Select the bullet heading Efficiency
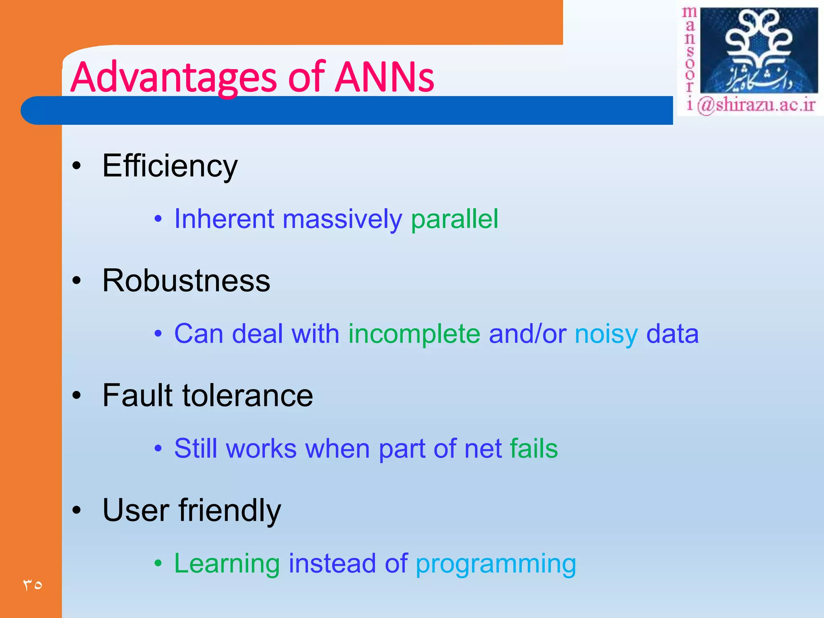(170, 166)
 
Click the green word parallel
(454, 220)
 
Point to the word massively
(342, 220)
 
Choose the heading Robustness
(186, 280)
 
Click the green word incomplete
(414, 334)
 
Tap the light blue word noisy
(606, 334)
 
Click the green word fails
(534, 449)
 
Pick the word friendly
(229, 511)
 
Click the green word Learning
(227, 564)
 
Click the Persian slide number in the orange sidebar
(32, 585)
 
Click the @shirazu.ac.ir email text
(756, 105)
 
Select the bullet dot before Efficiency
(76, 166)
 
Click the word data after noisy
(672, 334)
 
